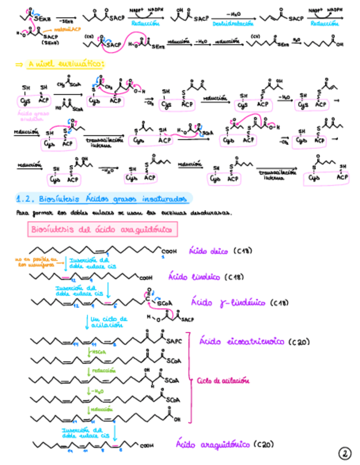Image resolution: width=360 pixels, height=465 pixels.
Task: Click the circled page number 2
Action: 344,453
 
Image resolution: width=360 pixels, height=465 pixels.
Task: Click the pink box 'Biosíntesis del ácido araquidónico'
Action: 103,229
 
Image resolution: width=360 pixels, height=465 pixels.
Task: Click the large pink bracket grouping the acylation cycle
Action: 190,378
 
